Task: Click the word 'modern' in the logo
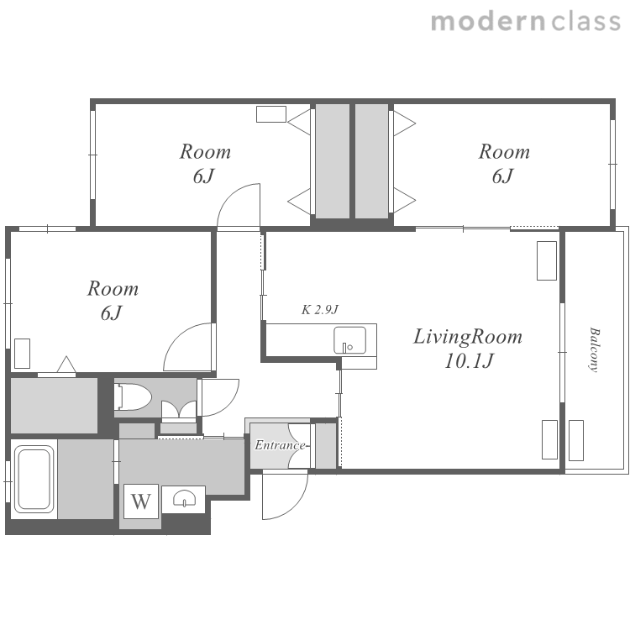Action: click(488, 22)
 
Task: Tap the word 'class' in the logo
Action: click(586, 22)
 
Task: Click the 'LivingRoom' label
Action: click(468, 337)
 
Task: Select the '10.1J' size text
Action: click(469, 360)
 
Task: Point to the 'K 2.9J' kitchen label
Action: click(320, 309)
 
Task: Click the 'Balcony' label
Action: click(594, 350)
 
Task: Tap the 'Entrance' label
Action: click(280, 445)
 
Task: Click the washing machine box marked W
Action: click(141, 501)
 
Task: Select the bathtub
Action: click(34, 480)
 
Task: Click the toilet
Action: click(133, 397)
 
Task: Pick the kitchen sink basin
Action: click(349, 340)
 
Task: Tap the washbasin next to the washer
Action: click(184, 500)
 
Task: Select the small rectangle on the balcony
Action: click(576, 440)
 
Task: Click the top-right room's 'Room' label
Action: click(504, 152)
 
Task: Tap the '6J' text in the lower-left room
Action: click(111, 313)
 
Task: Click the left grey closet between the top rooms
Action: click(333, 161)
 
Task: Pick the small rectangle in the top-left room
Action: click(271, 114)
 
